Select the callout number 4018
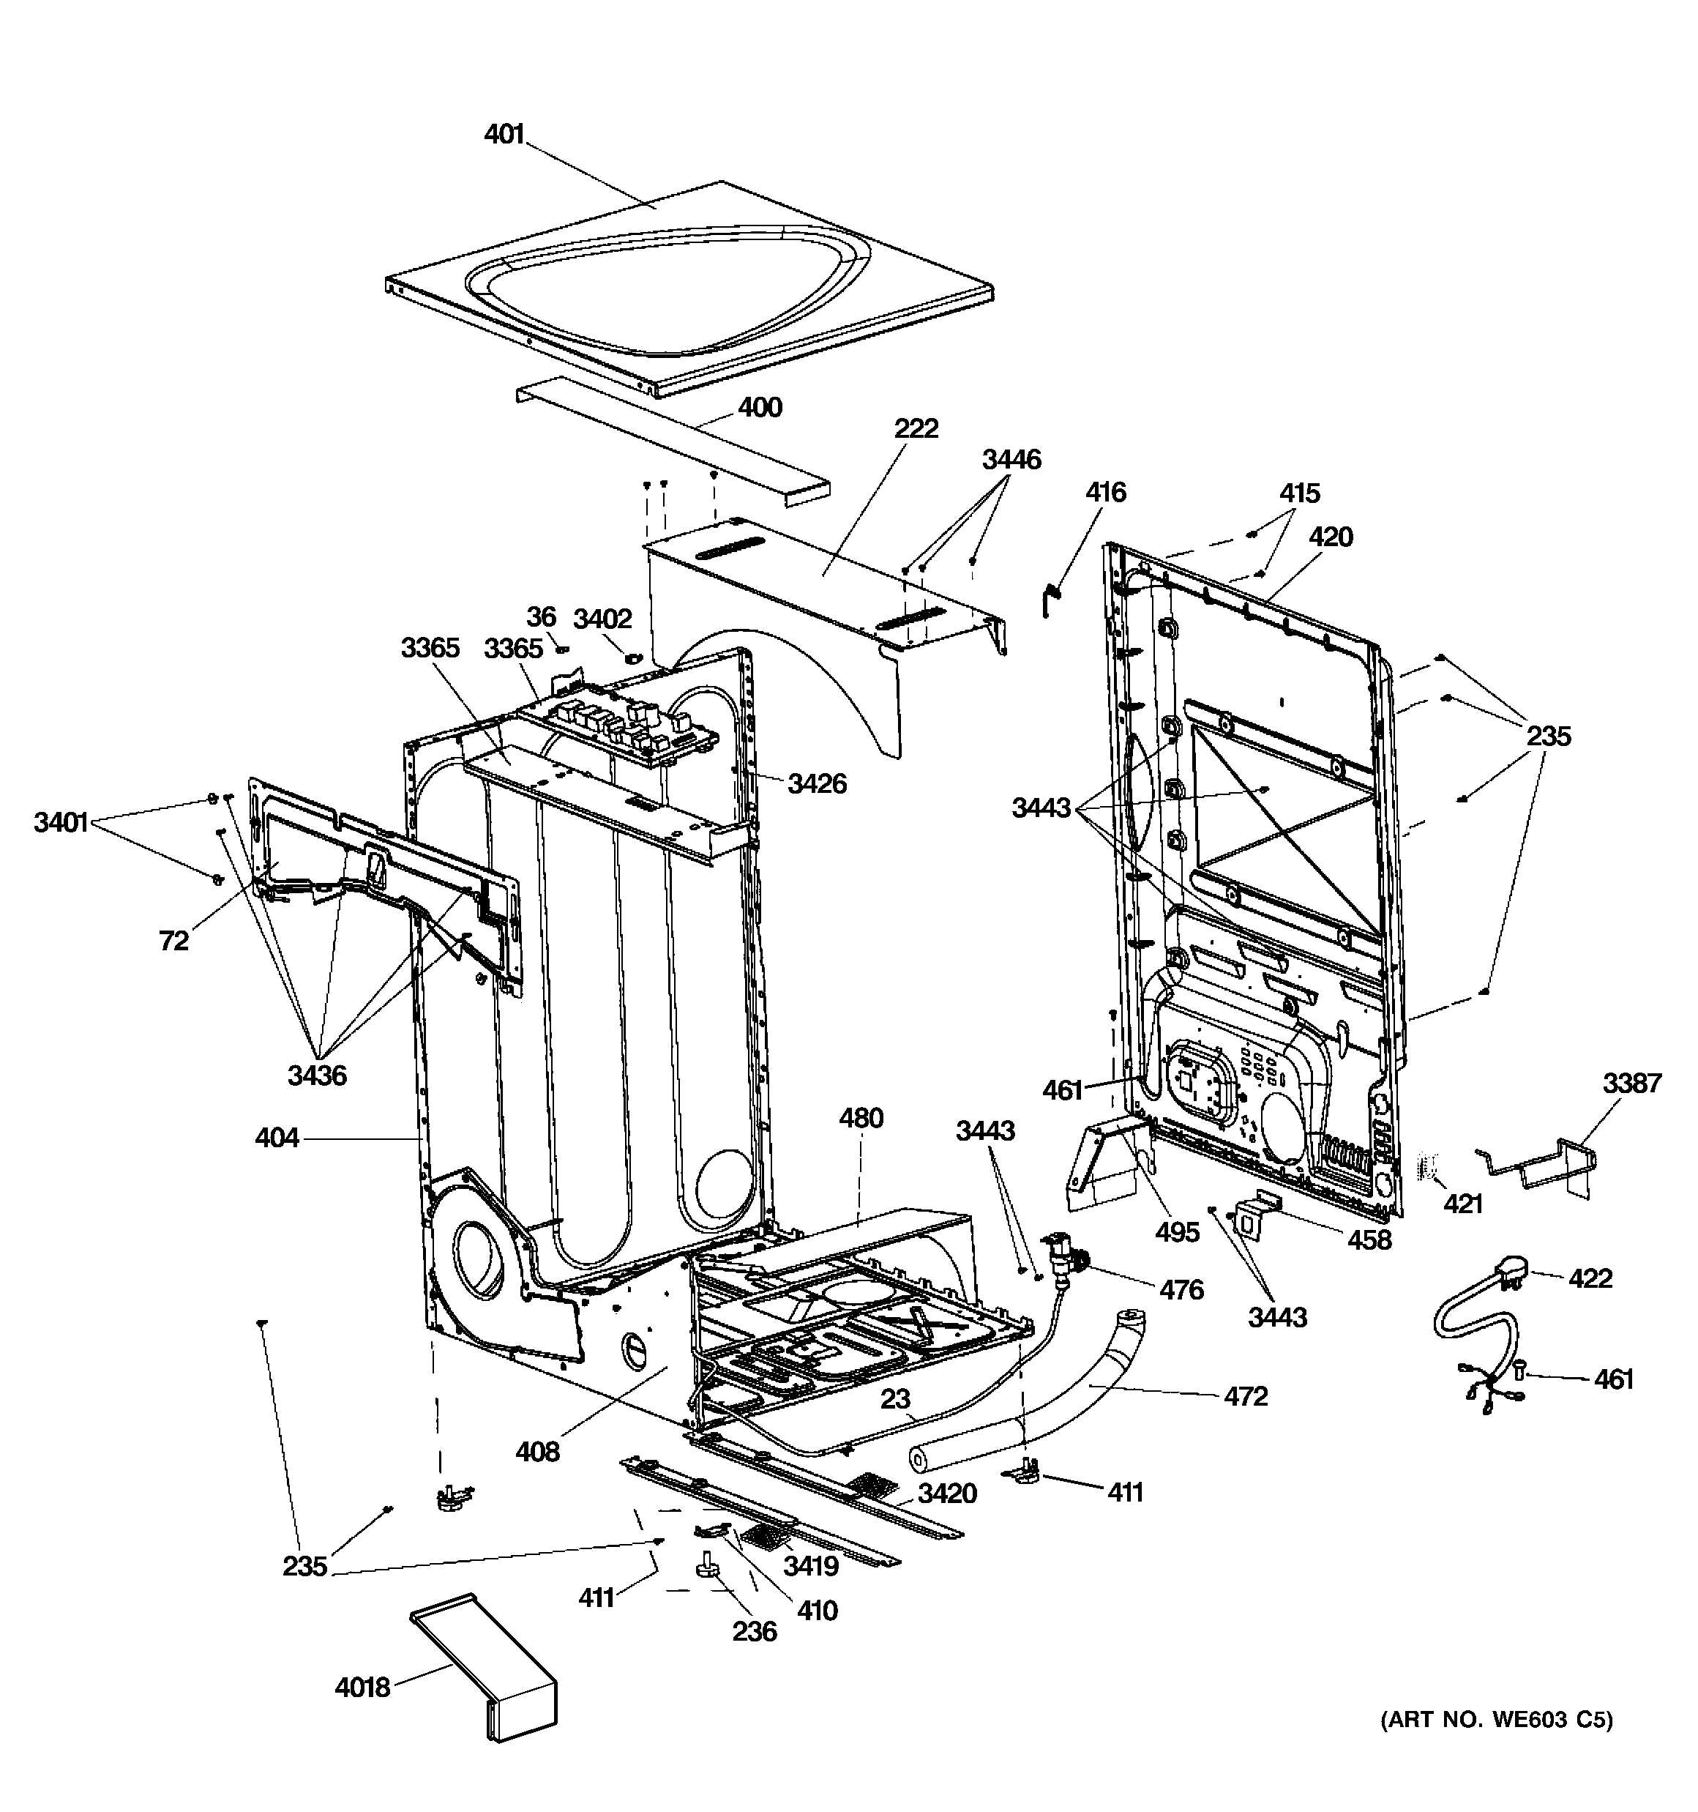(x=362, y=1687)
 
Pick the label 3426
(x=817, y=783)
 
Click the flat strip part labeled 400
(x=675, y=447)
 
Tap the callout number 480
(x=861, y=1117)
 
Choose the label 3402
(x=602, y=619)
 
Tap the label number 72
(x=173, y=941)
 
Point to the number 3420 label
(x=947, y=1493)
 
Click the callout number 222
(x=916, y=428)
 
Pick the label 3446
(x=1011, y=458)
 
